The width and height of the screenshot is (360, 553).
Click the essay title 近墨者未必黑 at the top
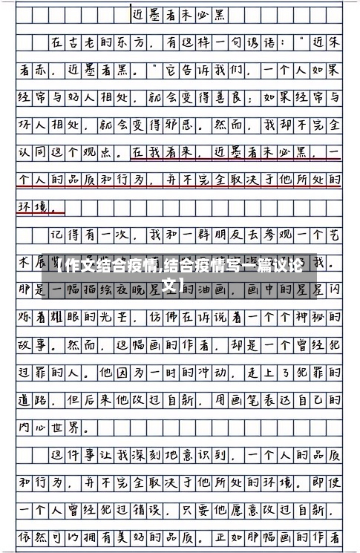pos(179,14)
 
